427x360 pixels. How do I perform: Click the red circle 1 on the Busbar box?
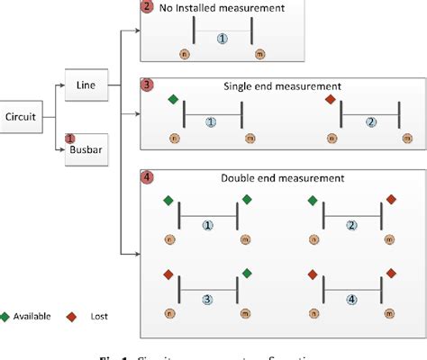(x=69, y=139)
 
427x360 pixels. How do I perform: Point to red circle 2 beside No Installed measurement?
(x=149, y=7)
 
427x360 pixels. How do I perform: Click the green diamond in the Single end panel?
(x=173, y=98)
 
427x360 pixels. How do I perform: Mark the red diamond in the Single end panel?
(x=330, y=98)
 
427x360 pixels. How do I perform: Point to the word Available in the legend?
(x=34, y=317)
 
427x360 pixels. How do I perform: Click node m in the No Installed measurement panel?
(x=261, y=55)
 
